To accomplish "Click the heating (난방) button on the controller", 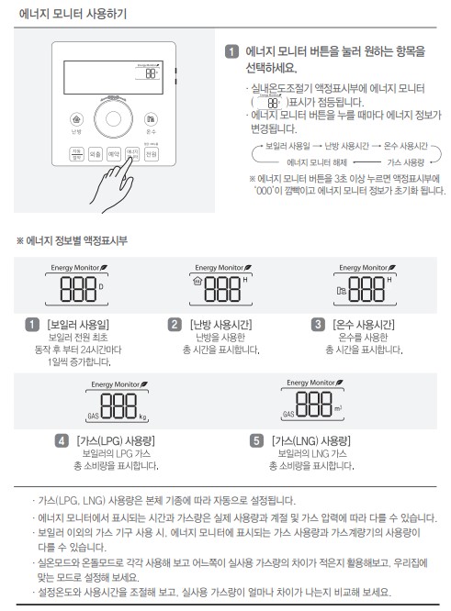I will coord(76,119).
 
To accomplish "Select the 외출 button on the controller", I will coord(95,155).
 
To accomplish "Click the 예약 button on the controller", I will coord(113,155).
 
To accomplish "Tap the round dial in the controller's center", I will coord(114,120).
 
